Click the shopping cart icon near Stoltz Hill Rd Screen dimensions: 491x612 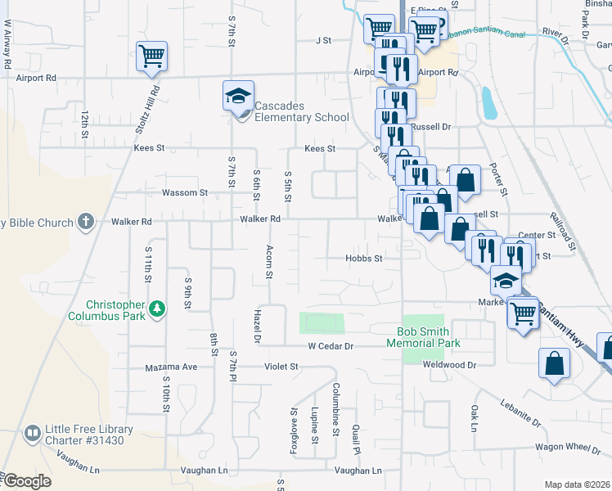(x=152, y=56)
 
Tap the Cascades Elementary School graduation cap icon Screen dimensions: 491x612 (x=238, y=97)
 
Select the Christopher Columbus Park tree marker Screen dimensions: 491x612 (x=155, y=309)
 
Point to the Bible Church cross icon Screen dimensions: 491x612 (x=86, y=221)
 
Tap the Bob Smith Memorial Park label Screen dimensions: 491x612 (x=428, y=337)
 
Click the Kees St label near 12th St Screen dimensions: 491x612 (x=149, y=148)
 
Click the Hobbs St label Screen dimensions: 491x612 (x=363, y=259)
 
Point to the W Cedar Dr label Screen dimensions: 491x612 (x=330, y=345)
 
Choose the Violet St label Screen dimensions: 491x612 (x=281, y=367)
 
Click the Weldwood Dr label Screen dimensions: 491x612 (x=449, y=364)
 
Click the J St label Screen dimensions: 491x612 (x=322, y=39)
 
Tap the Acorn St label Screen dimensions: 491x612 (x=268, y=262)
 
